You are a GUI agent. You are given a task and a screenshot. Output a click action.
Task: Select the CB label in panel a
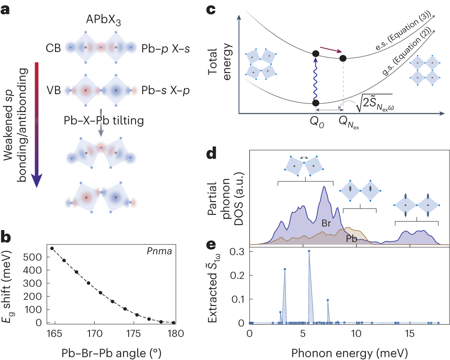tap(54, 48)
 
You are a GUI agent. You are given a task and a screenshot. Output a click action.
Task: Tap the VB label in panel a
tap(54, 90)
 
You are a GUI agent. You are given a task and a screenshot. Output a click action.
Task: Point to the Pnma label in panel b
tap(163, 251)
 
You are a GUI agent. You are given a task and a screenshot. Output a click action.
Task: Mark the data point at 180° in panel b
tap(173, 323)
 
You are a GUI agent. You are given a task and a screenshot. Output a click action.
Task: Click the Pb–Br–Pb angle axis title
tap(112, 351)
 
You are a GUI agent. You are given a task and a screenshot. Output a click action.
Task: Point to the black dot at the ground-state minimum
tap(315, 103)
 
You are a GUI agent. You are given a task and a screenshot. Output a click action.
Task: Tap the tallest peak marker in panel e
tap(309, 251)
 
